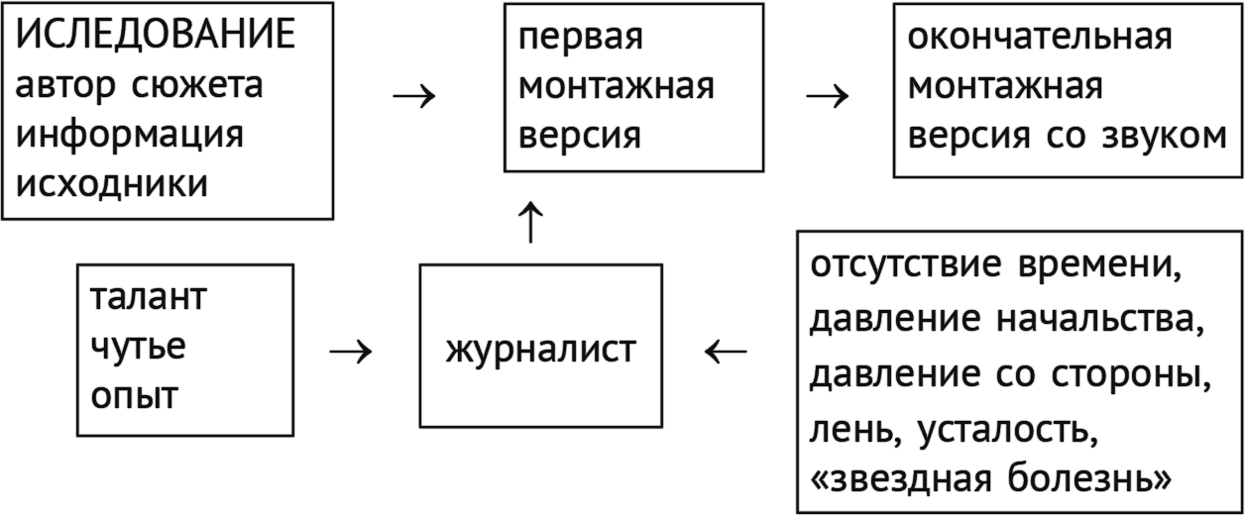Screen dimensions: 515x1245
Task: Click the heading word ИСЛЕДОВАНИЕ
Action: tap(157, 36)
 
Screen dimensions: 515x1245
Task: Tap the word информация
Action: tap(129, 136)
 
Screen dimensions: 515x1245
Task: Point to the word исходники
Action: tap(112, 184)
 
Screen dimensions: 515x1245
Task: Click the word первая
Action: tap(581, 38)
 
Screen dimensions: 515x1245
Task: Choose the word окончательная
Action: tap(1040, 38)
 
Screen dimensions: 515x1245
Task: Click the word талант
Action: tap(148, 298)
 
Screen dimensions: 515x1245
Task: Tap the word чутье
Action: tap(138, 348)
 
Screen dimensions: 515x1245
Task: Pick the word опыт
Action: tap(134, 397)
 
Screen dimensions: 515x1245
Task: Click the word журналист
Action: tap(541, 350)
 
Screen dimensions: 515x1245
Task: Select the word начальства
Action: tap(1099, 321)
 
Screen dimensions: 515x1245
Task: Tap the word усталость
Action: tap(1008, 431)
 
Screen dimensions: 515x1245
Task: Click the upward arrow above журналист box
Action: tap(532, 221)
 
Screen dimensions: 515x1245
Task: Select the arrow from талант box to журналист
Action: tap(350, 352)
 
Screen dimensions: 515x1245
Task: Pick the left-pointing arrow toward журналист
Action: tap(726, 352)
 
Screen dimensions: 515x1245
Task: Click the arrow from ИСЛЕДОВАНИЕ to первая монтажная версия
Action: tap(414, 96)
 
